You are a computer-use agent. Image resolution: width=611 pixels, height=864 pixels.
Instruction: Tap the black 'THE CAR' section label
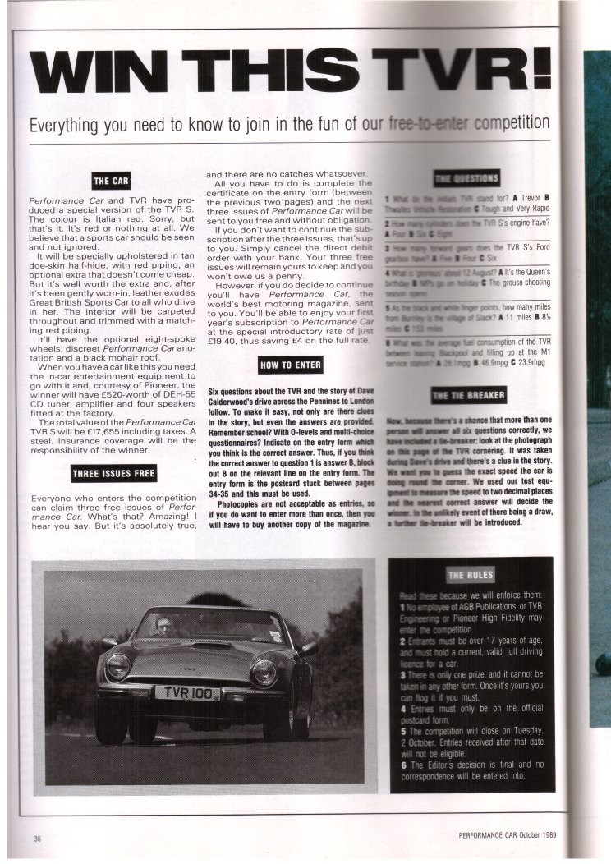[x=112, y=181]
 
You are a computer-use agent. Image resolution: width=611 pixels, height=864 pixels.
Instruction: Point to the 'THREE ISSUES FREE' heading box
[x=112, y=472]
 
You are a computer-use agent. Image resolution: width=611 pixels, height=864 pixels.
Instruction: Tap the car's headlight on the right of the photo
[x=264, y=671]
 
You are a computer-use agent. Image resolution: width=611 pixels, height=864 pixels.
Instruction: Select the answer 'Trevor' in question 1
[x=526, y=198]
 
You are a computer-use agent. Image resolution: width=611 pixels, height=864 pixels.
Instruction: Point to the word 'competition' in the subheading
[x=503, y=124]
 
